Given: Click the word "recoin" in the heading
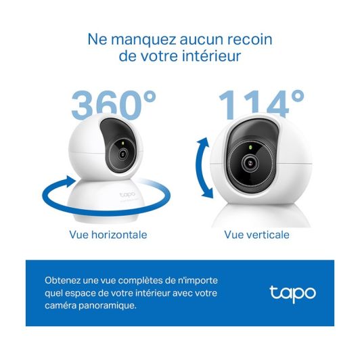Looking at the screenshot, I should point(242,39).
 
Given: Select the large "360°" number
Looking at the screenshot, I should point(113,105).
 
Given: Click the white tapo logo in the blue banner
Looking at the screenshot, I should point(292,293).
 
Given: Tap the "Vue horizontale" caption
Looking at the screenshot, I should point(108,235).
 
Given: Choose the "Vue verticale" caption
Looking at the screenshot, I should point(256,235).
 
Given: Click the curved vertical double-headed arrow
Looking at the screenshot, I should point(203,165).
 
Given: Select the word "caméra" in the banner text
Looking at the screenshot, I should point(60,306).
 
